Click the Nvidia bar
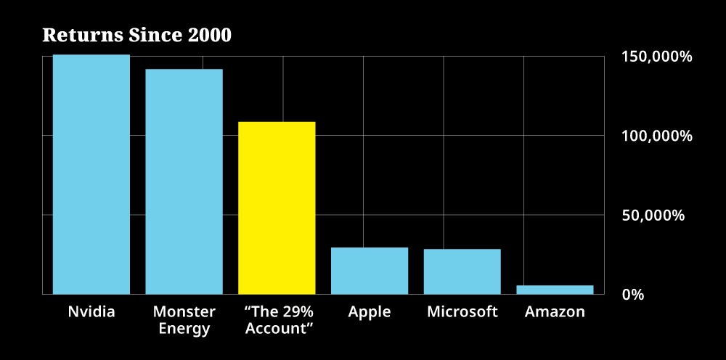(x=91, y=174)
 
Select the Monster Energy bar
(x=184, y=181)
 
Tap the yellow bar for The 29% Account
(x=277, y=208)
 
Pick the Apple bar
(x=370, y=271)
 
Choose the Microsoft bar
(x=462, y=271)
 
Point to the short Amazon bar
(x=555, y=290)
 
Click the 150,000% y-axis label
(x=656, y=57)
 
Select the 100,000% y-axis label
(x=656, y=136)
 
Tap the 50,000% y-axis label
(x=653, y=216)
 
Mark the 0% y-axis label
(x=633, y=295)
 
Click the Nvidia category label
(x=91, y=312)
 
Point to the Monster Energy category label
(x=184, y=320)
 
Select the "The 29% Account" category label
(x=279, y=320)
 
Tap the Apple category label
(x=370, y=312)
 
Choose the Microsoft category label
(x=462, y=312)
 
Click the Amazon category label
(x=555, y=312)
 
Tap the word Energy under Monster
(x=184, y=329)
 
